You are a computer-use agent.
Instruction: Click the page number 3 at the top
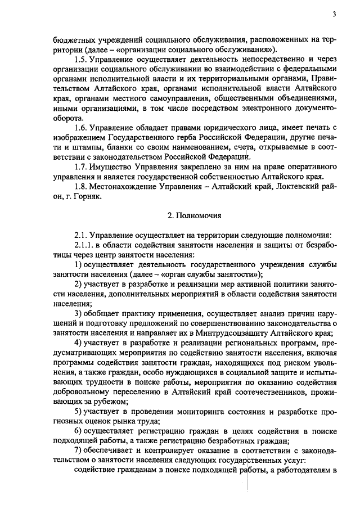pos(334,13)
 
